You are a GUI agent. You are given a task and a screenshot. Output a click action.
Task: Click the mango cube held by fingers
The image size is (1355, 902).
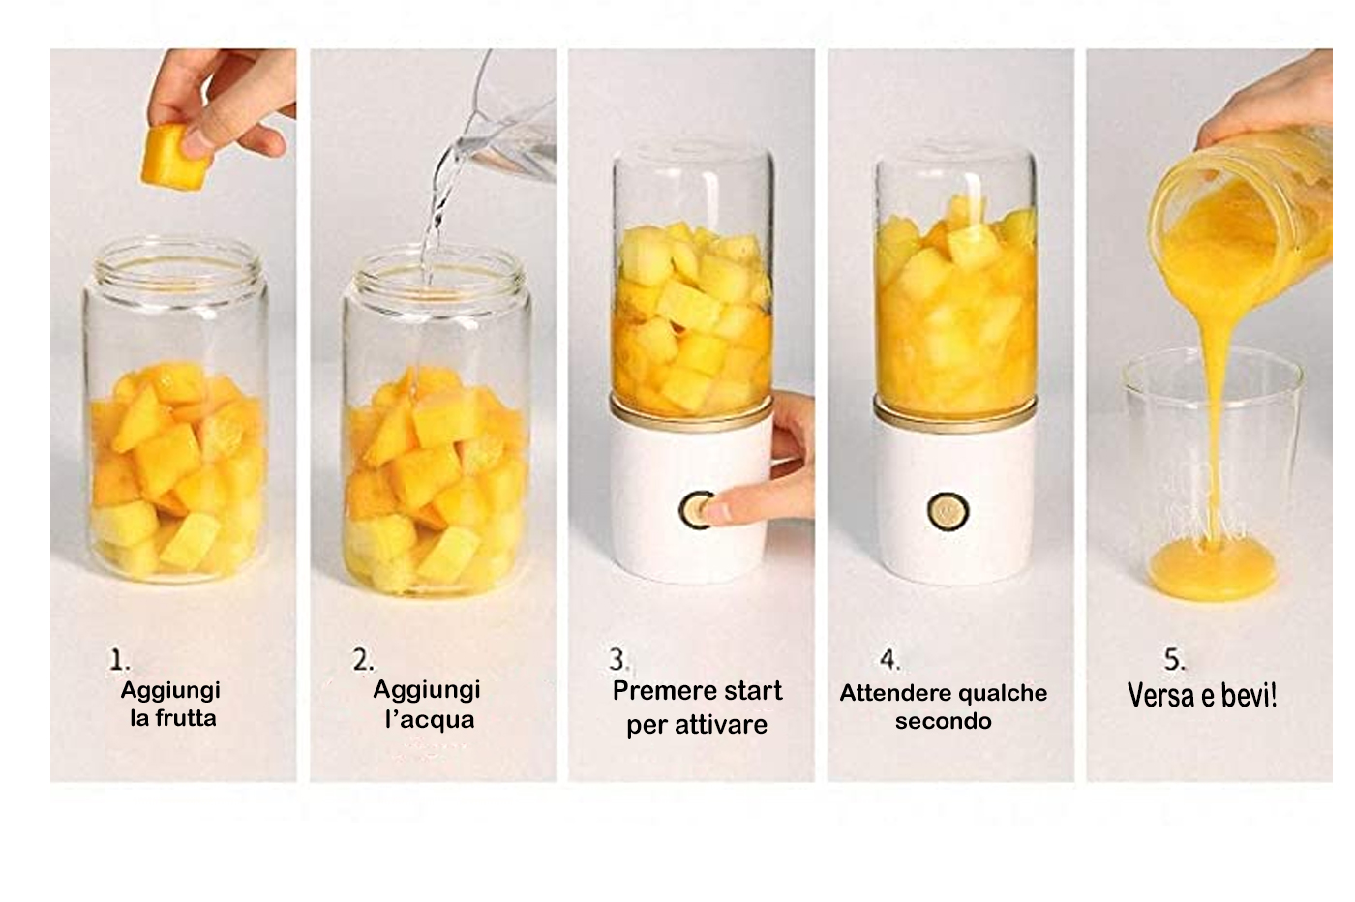176,159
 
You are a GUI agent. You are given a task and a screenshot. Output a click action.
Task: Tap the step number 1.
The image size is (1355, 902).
118,659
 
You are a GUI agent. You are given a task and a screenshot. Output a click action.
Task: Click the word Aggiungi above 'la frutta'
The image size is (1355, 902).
170,691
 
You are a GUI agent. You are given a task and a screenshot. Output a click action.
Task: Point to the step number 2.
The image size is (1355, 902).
362,659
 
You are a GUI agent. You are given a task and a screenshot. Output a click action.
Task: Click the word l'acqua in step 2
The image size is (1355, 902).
430,719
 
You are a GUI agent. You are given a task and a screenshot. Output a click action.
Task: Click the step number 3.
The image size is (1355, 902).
617,659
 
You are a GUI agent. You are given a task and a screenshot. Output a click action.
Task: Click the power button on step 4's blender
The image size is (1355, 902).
948,511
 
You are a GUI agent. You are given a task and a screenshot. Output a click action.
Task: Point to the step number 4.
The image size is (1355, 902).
888,659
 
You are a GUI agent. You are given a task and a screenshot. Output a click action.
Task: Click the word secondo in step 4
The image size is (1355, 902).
943,721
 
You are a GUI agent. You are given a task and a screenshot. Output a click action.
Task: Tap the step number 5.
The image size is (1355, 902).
1175,659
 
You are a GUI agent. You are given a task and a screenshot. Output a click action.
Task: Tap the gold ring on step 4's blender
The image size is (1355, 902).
954,411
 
